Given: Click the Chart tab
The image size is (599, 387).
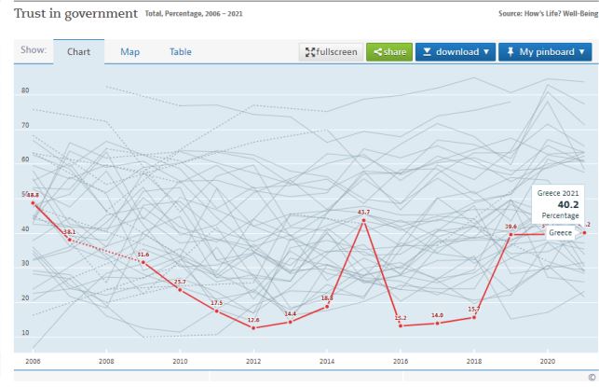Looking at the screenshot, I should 78,51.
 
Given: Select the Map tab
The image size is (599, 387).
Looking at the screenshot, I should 129,51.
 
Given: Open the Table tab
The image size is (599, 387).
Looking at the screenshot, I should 180,51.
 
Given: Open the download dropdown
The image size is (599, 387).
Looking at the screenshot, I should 455,51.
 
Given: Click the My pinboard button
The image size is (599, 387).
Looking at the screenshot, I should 547,51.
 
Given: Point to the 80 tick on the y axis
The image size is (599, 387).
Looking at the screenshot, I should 26,90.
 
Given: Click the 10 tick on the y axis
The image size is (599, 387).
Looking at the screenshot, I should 26,333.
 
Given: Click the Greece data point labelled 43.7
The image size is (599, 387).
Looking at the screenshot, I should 363,220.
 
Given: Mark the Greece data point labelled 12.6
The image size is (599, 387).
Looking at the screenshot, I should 253,327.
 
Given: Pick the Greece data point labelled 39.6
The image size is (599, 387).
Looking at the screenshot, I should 511,234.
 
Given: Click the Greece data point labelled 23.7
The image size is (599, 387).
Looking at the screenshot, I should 180,289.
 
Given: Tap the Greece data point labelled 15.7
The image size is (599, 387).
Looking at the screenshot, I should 473,317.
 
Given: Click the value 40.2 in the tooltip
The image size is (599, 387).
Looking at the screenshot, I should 568,204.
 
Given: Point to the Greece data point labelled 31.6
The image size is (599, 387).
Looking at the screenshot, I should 143,262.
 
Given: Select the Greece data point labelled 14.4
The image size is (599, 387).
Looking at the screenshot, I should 290,322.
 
